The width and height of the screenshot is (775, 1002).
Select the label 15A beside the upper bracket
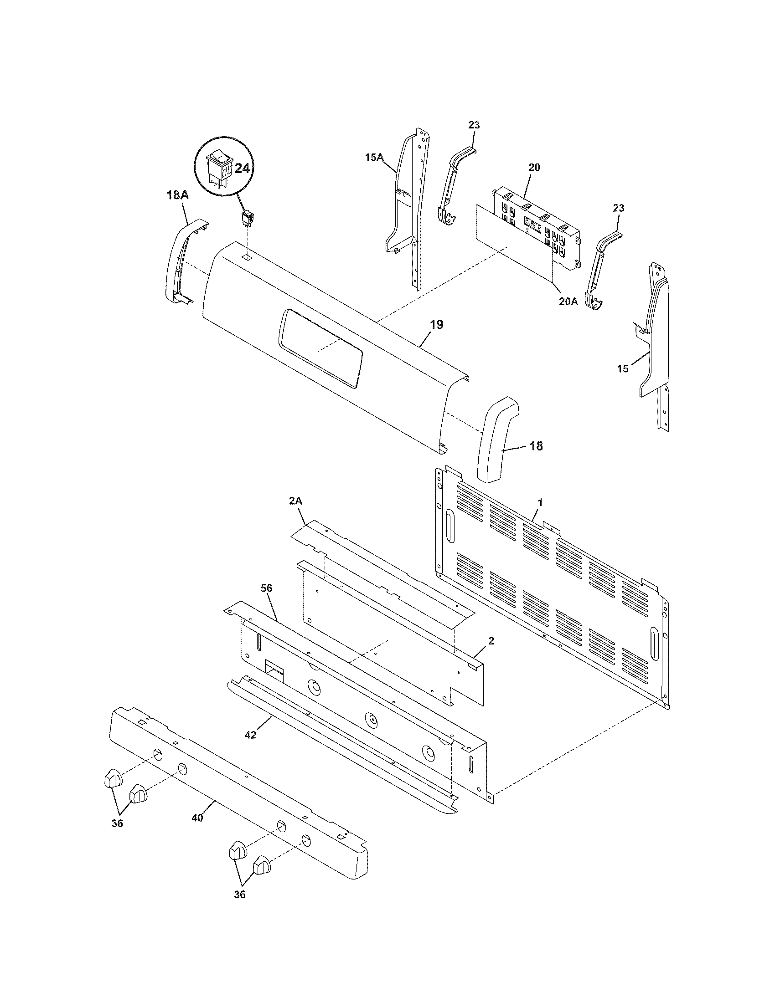tap(374, 158)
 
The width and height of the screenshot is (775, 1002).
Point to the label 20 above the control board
tap(534, 168)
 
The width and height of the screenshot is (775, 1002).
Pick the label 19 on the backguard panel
tap(437, 325)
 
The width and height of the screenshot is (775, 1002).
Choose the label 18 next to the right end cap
tap(536, 445)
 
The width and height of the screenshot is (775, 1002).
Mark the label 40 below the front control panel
tap(197, 818)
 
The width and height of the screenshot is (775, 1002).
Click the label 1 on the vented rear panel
tap(540, 502)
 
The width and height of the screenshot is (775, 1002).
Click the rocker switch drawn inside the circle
tap(219, 169)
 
